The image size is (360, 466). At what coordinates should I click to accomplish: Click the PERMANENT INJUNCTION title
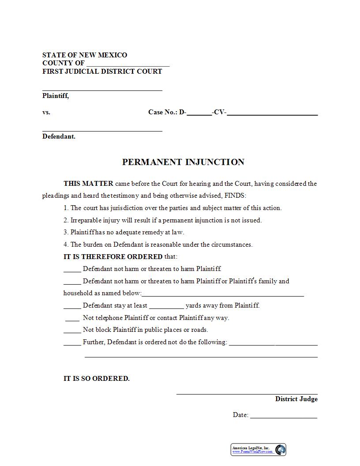pyautogui.click(x=183, y=162)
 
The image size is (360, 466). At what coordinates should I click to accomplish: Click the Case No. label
pyautogui.click(x=163, y=112)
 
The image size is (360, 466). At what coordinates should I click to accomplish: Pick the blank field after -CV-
pyautogui.click(x=272, y=113)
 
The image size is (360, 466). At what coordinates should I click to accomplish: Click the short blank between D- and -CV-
pyautogui.click(x=199, y=113)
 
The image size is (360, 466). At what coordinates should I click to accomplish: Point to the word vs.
pyautogui.click(x=46, y=112)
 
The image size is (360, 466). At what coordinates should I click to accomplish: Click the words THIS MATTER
pyautogui.click(x=88, y=184)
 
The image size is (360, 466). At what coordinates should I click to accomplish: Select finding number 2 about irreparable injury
pyautogui.click(x=162, y=220)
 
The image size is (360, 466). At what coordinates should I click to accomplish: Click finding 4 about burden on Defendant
pyautogui.click(x=158, y=244)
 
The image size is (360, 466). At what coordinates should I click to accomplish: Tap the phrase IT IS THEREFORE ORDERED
pyautogui.click(x=113, y=256)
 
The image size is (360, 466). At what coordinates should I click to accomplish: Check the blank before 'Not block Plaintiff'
pyautogui.click(x=72, y=331)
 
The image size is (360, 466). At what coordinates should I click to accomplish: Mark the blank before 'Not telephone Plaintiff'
pyautogui.click(x=72, y=319)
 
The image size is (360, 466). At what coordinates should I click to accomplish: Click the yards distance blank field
pyautogui.click(x=166, y=306)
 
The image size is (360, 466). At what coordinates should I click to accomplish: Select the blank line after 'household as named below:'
pyautogui.click(x=223, y=294)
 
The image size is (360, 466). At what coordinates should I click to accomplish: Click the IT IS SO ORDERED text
pyautogui.click(x=97, y=378)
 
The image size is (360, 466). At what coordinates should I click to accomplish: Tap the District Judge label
pyautogui.click(x=296, y=399)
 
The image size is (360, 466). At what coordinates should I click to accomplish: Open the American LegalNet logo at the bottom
pyautogui.click(x=259, y=450)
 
